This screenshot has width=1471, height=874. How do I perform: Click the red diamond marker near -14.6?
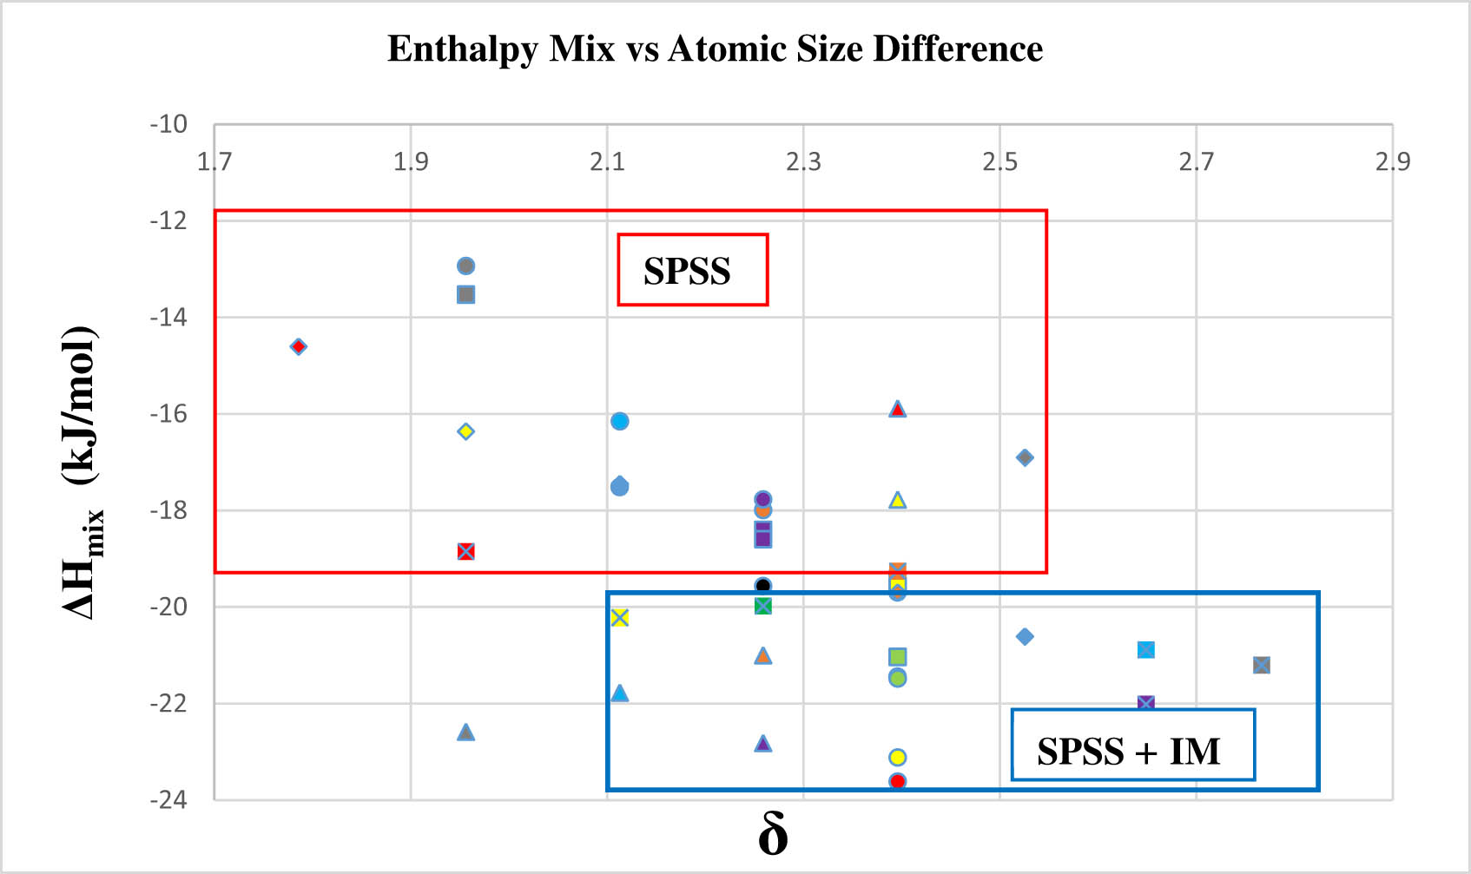[x=298, y=346]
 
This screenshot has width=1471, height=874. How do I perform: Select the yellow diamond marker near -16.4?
[x=465, y=431]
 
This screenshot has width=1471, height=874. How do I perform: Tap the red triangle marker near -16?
[x=897, y=409]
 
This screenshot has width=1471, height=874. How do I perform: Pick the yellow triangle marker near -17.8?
[x=897, y=500]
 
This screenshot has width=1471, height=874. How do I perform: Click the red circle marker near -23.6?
[x=897, y=781]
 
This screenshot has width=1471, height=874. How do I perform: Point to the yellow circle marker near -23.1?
[x=897, y=757]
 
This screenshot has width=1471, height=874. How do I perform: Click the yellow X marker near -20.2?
[x=619, y=617]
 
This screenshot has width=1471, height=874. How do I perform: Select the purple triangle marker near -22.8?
[x=762, y=744]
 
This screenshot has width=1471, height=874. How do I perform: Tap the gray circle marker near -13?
[x=465, y=266]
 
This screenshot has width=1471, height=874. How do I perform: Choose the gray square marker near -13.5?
[x=465, y=294]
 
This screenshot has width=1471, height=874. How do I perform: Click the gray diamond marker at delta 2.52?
[x=1025, y=457]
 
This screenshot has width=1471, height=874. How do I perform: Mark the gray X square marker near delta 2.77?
[x=1261, y=665]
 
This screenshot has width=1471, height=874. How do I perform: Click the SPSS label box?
[x=692, y=270]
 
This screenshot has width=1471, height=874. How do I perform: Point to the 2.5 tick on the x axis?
[x=999, y=161]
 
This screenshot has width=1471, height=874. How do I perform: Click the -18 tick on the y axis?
[x=168, y=510]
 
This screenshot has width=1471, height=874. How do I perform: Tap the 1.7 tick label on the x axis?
[x=214, y=161]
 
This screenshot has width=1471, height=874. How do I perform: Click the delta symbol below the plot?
[x=773, y=835]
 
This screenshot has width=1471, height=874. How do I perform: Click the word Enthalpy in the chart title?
[x=463, y=49]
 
